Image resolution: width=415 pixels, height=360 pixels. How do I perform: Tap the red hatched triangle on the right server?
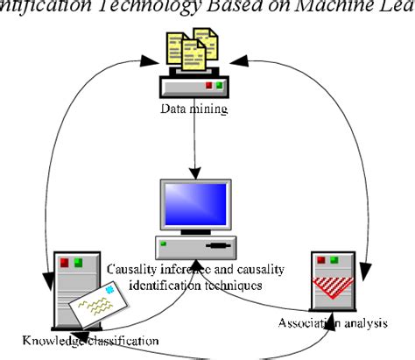(338, 286)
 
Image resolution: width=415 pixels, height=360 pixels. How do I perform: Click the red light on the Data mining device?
(207, 85)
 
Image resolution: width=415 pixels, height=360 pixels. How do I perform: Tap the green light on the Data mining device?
(220, 85)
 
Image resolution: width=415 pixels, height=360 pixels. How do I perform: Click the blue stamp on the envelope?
(109, 290)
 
